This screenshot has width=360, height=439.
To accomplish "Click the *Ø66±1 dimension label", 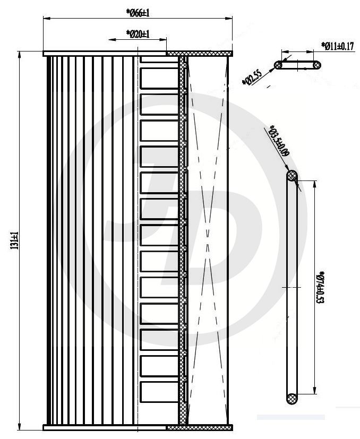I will point(138,12).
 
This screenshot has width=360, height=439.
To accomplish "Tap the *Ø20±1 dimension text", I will point(138,33).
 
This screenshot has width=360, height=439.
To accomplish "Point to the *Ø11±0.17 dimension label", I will point(338,46).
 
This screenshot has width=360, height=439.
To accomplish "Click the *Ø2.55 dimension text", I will point(251,77).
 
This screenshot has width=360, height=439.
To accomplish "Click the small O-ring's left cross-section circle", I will point(279,65).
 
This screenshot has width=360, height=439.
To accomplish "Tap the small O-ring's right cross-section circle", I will point(316,65).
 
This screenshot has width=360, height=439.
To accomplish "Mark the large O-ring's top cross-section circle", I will point(292,176).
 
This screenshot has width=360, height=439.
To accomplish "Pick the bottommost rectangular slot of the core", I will point(159,392).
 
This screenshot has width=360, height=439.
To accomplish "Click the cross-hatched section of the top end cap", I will point(200,53).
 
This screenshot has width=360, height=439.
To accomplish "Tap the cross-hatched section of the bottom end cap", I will point(200,426).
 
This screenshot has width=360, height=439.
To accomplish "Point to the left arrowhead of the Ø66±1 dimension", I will point(46,19).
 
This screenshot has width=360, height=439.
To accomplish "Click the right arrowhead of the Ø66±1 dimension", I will point(230,19).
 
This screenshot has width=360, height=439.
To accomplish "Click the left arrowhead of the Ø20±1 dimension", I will point(110,40).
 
